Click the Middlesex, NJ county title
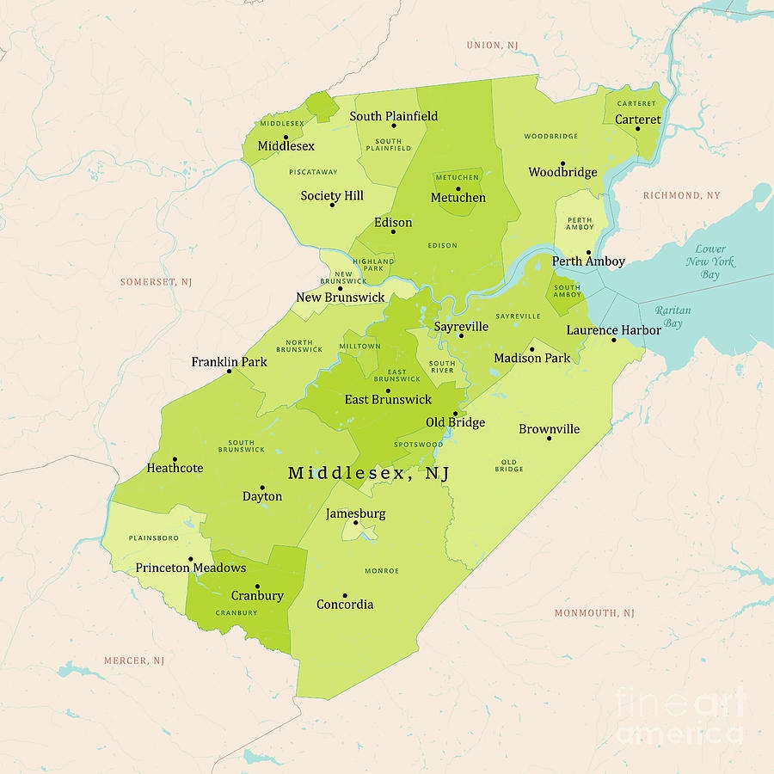(369, 473)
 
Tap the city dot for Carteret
(637, 129)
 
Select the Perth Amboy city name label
(588, 261)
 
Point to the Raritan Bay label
(673, 316)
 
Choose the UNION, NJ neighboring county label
(493, 45)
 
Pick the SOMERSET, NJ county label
(156, 281)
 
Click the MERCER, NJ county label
(133, 660)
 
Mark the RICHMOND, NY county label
(682, 195)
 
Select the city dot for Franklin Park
(229, 372)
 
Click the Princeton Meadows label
(191, 568)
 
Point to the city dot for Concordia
(345, 595)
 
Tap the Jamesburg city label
(355, 513)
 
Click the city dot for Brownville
(549, 439)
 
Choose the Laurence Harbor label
(613, 329)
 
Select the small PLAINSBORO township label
(153, 537)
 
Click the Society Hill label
(332, 195)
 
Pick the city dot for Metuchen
(458, 188)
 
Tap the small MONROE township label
(382, 570)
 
